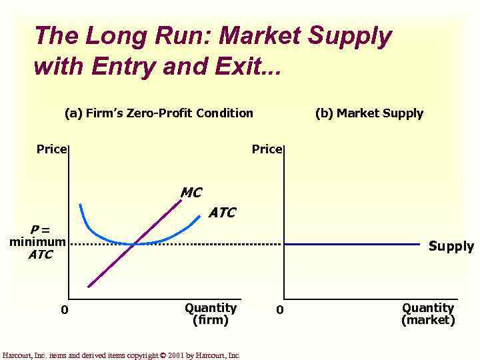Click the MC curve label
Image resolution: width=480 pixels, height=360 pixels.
[191, 193]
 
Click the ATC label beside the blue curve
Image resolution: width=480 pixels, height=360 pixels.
[222, 213]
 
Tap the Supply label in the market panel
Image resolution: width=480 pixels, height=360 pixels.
[451, 246]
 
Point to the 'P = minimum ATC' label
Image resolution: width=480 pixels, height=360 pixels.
[37, 242]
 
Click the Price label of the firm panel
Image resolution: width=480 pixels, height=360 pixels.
[51, 149]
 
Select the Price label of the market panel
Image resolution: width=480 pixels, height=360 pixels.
[267, 149]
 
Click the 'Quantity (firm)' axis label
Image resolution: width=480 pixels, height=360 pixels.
[210, 313]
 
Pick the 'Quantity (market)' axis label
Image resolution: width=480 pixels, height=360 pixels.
[428, 313]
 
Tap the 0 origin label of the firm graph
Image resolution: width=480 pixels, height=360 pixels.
[64, 309]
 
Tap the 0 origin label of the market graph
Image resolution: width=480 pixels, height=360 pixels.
[280, 309]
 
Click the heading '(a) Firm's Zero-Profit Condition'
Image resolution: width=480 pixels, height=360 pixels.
[159, 113]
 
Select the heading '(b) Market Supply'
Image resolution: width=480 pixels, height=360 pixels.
[369, 113]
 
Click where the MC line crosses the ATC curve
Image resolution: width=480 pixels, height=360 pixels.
[136, 244]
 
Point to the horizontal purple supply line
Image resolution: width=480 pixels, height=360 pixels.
[353, 244]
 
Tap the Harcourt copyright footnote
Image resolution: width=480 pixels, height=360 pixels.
[121, 355]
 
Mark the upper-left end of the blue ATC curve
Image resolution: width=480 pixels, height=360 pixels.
[80, 204]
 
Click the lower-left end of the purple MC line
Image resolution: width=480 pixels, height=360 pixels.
[88, 287]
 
